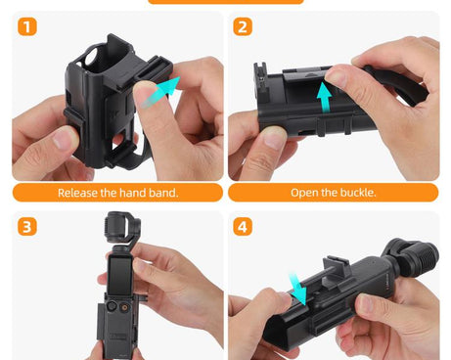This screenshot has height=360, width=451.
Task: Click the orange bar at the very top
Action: (225, 2)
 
